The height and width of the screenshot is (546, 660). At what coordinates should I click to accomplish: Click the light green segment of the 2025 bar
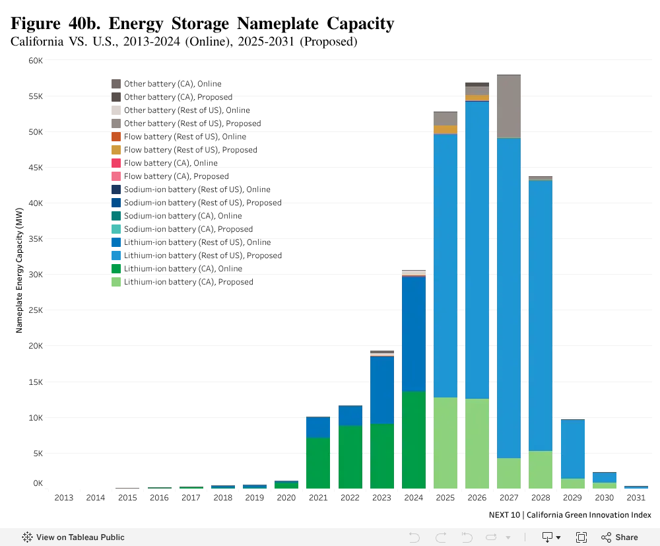445,443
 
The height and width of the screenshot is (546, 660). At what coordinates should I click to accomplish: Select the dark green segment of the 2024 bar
414,440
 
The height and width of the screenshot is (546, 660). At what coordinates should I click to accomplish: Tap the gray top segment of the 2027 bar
509,106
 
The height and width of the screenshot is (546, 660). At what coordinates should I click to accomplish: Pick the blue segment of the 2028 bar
541,316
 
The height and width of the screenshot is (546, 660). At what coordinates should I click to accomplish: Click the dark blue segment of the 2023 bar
382,390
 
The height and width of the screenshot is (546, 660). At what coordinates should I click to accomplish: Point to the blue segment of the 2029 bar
573,449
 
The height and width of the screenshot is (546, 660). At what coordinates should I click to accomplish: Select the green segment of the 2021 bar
318,463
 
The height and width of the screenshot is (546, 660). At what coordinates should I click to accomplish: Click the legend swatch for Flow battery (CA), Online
116,163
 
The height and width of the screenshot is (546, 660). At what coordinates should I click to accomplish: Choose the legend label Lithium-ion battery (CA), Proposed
189,282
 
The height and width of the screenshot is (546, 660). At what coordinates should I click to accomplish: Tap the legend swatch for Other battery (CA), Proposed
116,97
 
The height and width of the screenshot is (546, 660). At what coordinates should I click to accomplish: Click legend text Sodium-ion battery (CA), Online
183,215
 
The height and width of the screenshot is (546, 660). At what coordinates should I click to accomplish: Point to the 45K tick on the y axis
36,168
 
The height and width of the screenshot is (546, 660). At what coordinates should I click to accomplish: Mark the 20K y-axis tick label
36,345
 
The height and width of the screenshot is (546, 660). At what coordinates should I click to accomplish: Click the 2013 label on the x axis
64,498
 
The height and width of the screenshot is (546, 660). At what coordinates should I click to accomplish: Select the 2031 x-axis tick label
636,498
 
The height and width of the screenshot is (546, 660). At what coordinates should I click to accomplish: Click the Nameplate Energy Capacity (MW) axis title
19,270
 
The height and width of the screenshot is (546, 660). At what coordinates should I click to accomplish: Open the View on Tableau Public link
73,537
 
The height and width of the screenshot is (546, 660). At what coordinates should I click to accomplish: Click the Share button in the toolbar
619,537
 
